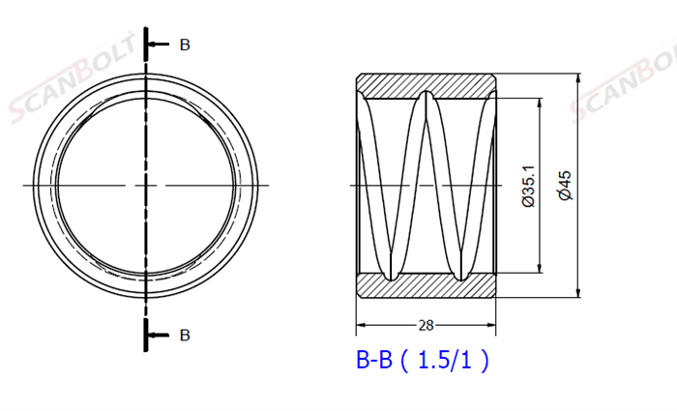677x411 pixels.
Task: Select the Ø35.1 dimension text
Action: coord(528,185)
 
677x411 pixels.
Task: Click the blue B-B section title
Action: coord(374,361)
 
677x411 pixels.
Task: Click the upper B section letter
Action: coord(185,44)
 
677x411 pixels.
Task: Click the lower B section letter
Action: coord(185,336)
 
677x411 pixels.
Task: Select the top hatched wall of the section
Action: coord(427,85)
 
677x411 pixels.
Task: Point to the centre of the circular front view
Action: coord(146,185)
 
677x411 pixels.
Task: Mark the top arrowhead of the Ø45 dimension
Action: coord(577,77)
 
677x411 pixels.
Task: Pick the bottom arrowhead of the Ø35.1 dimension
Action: coord(539,269)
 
